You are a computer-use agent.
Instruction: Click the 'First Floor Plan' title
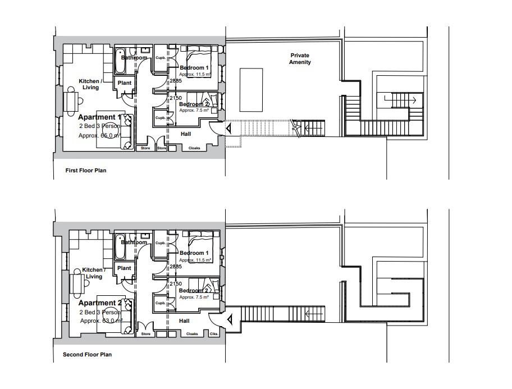82,170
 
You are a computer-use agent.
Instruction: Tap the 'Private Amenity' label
300,59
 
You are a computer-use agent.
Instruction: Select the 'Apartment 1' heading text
99,117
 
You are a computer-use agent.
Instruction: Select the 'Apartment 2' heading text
99,303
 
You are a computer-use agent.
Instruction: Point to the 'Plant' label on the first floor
125,83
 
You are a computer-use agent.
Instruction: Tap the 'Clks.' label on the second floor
214,334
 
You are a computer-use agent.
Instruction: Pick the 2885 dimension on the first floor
176,81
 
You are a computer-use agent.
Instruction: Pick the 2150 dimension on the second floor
176,285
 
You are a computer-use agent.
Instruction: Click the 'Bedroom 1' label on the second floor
194,253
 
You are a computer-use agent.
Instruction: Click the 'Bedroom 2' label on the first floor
194,104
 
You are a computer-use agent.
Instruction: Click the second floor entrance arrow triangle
230,319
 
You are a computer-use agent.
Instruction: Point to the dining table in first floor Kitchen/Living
73,102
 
